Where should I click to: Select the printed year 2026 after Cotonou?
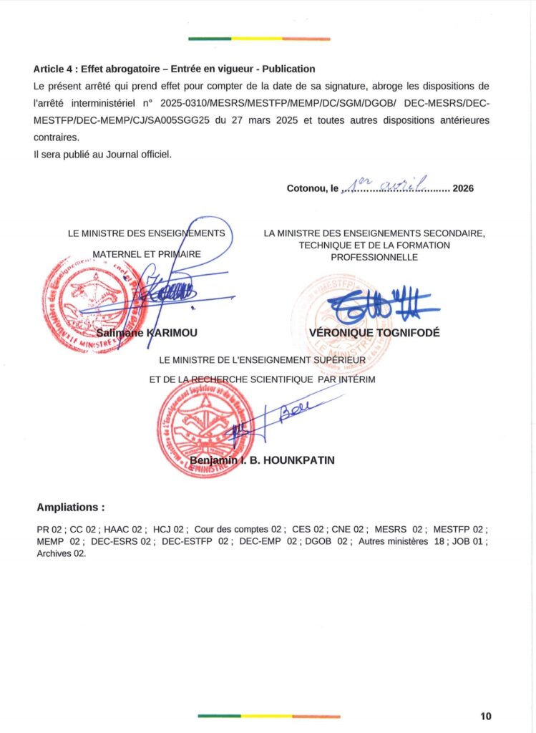[x=464, y=189]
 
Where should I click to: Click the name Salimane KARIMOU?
[x=146, y=333]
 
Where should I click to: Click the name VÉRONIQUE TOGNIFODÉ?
[x=374, y=333]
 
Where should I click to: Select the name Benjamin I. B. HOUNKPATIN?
[x=262, y=460]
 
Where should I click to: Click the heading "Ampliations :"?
[x=70, y=508]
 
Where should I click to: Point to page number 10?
[x=486, y=716]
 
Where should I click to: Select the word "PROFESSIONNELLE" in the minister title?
[x=374, y=256]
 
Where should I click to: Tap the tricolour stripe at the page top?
[x=259, y=39]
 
